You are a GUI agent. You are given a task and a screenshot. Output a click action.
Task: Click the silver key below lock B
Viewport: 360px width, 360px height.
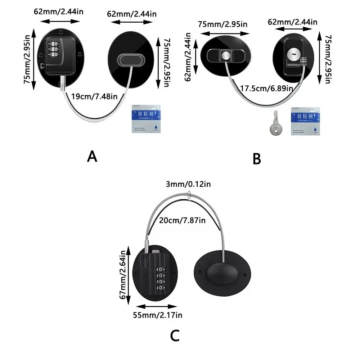pyautogui.click(x=275, y=124)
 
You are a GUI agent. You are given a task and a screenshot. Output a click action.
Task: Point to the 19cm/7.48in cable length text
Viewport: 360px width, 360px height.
pyautogui.click(x=94, y=96)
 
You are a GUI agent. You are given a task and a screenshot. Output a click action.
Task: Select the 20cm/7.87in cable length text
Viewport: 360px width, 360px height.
pyautogui.click(x=183, y=220)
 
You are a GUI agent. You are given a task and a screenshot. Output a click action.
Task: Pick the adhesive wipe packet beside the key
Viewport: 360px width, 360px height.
pyautogui.click(x=305, y=120)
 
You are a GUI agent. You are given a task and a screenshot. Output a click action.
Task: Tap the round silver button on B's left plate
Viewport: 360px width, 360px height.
pyautogui.click(x=226, y=55)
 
